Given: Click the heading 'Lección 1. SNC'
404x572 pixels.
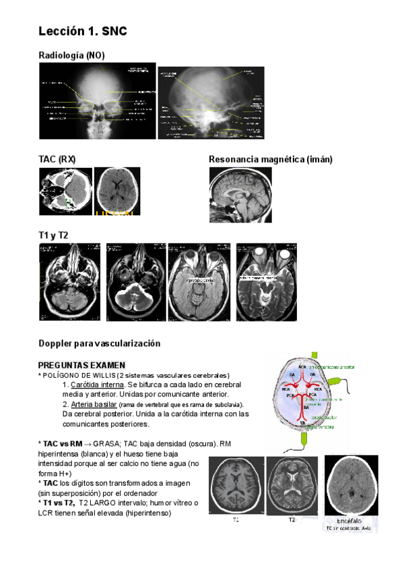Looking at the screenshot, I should click(82, 31).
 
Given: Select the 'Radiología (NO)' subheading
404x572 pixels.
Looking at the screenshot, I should click(71, 55).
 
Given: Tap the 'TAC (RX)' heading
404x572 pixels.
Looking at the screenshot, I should click(57, 159).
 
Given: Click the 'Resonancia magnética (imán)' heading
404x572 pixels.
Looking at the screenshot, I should click(271, 159).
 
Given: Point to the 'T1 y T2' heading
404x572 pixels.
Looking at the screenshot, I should click(53, 235).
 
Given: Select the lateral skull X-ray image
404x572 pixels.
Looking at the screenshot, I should click(210, 103).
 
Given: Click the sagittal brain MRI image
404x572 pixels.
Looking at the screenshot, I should click(240, 195).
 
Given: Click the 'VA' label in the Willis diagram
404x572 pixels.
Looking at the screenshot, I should click(302, 423).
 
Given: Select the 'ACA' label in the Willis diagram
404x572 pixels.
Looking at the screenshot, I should click(302, 367).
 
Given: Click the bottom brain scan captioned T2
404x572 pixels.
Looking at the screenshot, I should click(292, 486).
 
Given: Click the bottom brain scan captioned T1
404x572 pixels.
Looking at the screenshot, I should click(236, 486).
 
